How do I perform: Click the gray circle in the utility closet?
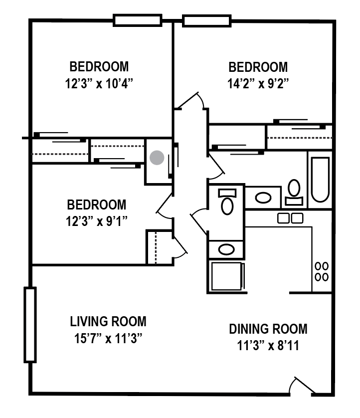click(157, 158)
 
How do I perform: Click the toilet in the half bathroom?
click(227, 202)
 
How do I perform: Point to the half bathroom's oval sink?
click(227, 249)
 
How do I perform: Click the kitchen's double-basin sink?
click(290, 218)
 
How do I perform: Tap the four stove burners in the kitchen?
click(322, 271)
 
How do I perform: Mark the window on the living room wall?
click(30, 325)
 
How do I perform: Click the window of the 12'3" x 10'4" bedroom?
click(138, 20)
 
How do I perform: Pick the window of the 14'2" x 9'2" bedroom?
click(206, 20)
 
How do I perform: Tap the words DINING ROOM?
click(268, 329)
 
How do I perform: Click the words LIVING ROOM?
click(108, 321)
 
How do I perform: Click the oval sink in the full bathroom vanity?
click(263, 198)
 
